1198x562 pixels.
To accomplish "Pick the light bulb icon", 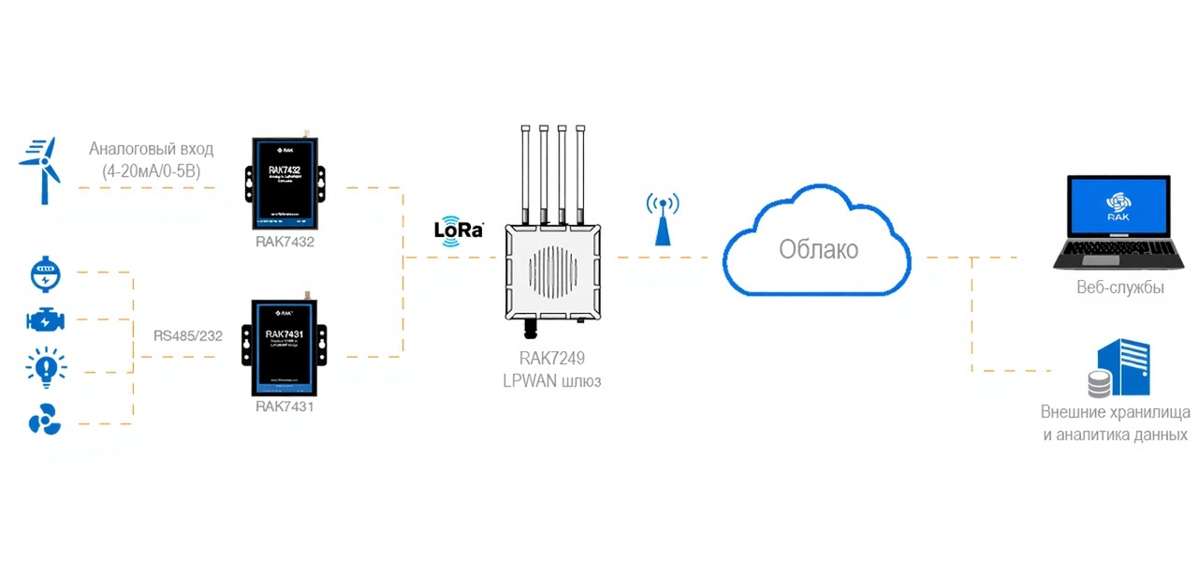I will [45, 367].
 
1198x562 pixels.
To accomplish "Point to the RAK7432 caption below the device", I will [285, 242].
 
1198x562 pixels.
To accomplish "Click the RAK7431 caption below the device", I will [285, 407].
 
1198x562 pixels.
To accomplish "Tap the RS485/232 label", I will [188, 335].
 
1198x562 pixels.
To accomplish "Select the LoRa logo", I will [459, 229].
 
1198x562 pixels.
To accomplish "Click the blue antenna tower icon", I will [663, 219].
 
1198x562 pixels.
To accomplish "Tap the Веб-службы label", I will [1120, 288].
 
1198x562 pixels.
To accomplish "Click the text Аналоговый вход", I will [152, 149].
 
